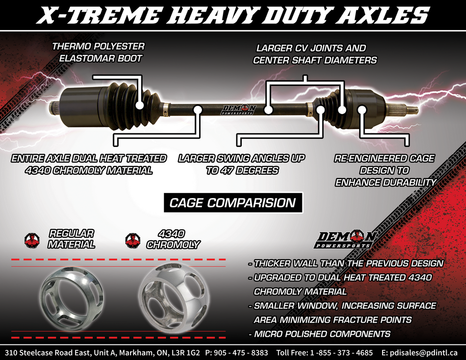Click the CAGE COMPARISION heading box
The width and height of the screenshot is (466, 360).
(x=232, y=202)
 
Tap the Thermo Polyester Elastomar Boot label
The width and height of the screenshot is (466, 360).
(x=98, y=52)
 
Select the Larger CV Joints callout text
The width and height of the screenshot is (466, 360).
(x=311, y=54)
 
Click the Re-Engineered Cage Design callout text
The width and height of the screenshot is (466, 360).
(x=384, y=170)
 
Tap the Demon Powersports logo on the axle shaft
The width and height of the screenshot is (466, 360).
(x=238, y=110)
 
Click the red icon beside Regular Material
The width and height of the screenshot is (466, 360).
(x=32, y=240)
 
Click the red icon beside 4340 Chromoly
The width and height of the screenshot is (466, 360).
(x=132, y=240)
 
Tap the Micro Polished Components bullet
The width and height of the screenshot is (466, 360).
(x=319, y=334)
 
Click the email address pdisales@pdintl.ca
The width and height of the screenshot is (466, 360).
(x=426, y=352)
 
